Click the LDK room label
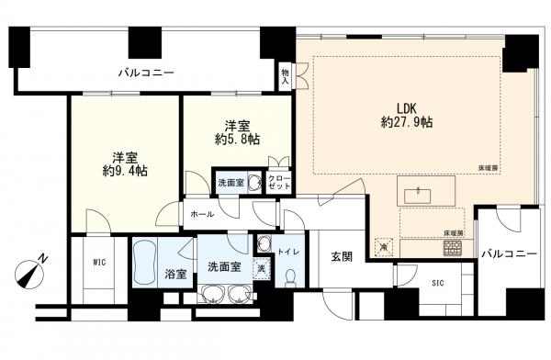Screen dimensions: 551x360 pos(407,107)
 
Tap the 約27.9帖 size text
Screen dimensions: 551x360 pos(407,122)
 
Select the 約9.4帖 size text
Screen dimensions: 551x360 pos(125,171)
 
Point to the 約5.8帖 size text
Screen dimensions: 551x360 pos(238,140)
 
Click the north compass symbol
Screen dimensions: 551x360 pos(30,272)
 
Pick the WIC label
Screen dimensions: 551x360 pos(99,262)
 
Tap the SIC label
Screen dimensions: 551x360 pos(438,283)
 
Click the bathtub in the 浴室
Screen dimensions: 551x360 pos(145,263)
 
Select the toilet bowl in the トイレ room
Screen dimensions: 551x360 pos(291,277)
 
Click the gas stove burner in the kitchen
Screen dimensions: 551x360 pos(453,248)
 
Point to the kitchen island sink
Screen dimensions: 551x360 pos(418,196)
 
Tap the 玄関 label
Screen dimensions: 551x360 pos(342,257)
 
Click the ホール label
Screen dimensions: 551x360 pos(202,214)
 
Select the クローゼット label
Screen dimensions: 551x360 pos(279,182)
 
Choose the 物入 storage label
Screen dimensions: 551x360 pos(285,76)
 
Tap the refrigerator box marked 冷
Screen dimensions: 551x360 pos(384,246)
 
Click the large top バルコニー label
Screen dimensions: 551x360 pos(146,73)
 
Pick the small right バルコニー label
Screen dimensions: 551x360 pos(509,253)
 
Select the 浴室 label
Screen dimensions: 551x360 pos(175,274)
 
